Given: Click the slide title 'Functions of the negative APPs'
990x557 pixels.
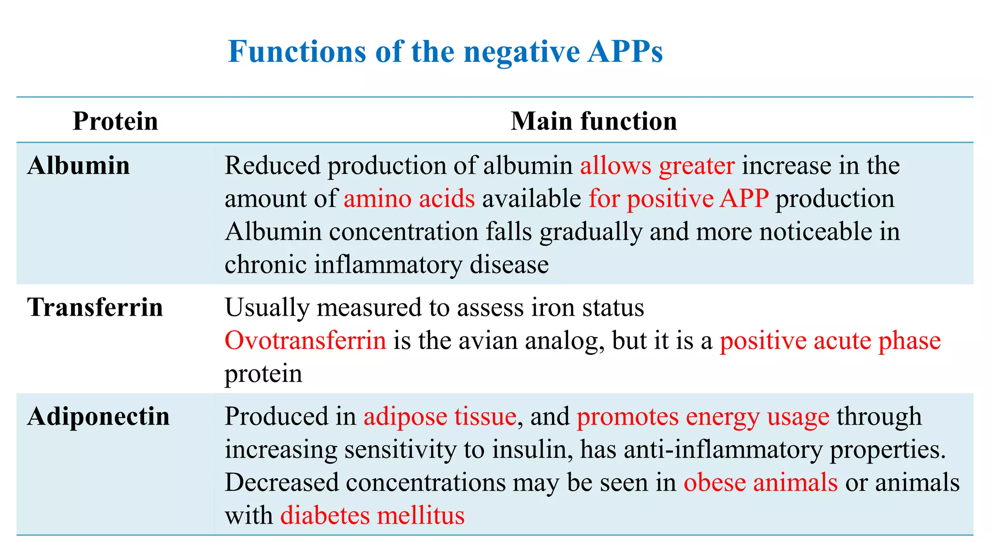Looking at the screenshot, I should point(445,51).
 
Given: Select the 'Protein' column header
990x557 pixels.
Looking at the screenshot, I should point(115,121).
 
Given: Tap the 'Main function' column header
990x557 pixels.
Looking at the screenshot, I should point(594,121).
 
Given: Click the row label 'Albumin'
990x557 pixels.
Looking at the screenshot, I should point(78,166).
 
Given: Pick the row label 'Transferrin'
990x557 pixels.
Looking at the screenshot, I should point(95,308).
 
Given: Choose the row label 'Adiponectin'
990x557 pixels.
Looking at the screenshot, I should point(99,416).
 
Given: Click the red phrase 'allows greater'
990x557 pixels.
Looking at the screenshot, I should point(657,166).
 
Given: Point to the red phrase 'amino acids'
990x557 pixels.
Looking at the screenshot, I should point(409,199).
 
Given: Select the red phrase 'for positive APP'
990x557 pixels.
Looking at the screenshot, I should point(678,199).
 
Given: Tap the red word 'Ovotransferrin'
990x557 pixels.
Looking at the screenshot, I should point(305,340).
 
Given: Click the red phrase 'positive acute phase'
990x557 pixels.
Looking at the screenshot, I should point(830,340).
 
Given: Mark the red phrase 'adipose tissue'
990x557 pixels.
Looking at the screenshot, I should point(439,416).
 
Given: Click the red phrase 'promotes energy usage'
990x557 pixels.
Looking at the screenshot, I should point(703,416).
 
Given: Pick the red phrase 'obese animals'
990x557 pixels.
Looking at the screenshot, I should point(760,483).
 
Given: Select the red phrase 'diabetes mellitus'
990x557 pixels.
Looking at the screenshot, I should point(372,515).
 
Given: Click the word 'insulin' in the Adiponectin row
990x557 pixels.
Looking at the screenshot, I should point(532,450).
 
